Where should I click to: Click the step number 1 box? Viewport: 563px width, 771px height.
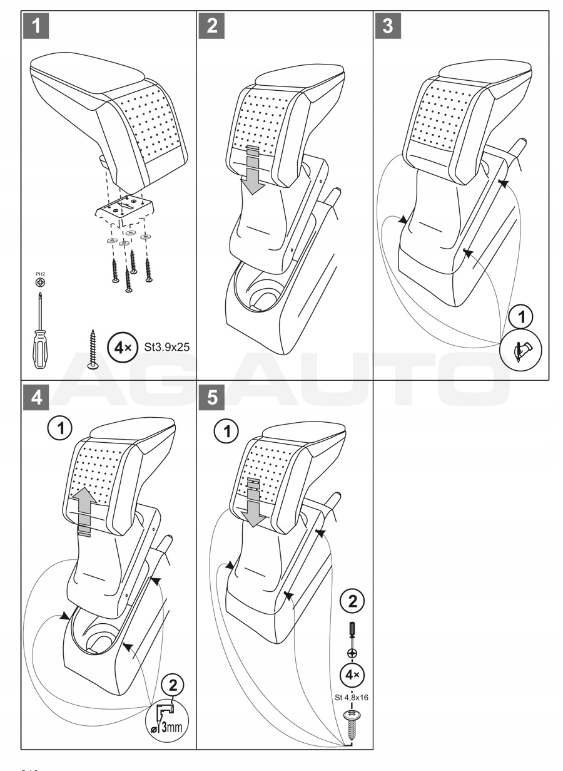[38, 26]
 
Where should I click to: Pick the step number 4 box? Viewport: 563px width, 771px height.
[38, 398]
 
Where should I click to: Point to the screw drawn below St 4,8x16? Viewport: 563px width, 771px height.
[352, 727]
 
